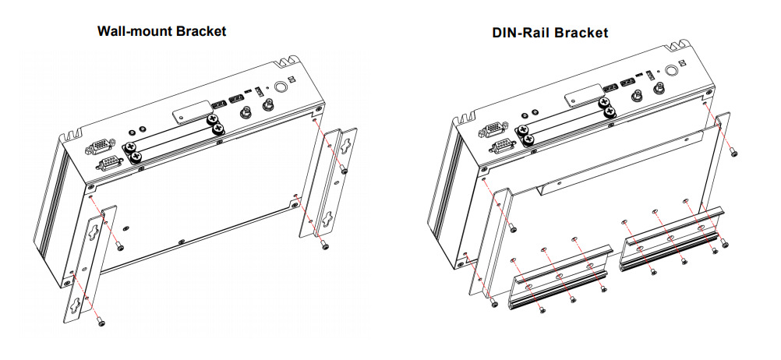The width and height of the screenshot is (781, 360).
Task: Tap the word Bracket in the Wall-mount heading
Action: (x=200, y=32)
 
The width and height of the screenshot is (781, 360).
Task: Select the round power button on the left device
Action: (x=283, y=88)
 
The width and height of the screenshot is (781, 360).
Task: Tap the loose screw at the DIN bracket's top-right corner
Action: (x=735, y=154)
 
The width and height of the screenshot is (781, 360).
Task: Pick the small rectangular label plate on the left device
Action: (x=189, y=111)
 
